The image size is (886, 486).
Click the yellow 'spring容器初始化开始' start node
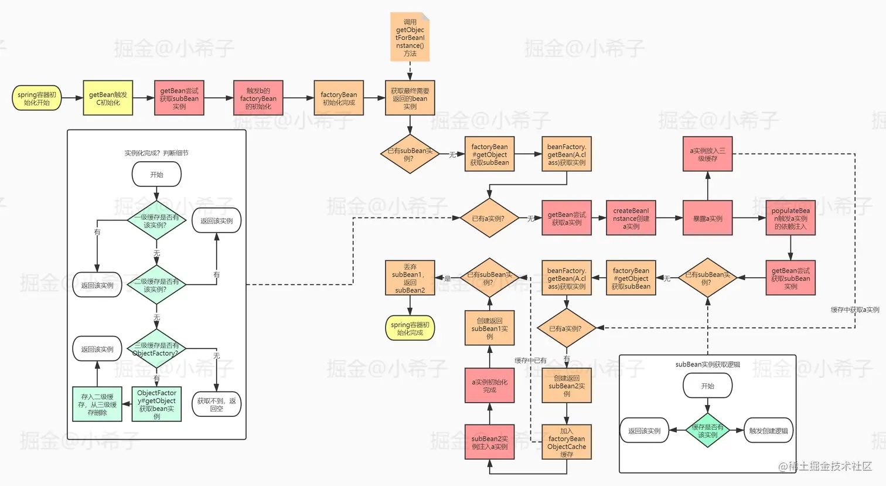click(x=36, y=98)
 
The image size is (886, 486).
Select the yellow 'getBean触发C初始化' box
click(x=108, y=98)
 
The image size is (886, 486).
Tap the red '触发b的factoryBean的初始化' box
click(x=258, y=98)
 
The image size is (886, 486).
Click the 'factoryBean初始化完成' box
click(x=339, y=98)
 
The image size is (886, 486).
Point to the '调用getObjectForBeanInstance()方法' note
click(x=410, y=38)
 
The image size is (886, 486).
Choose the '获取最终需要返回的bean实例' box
click(x=410, y=98)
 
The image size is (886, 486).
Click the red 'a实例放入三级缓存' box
click(x=707, y=154)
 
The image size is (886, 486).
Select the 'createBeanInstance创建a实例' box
click(x=631, y=218)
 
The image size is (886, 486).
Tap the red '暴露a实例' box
click(x=707, y=218)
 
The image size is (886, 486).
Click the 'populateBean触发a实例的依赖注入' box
click(x=790, y=218)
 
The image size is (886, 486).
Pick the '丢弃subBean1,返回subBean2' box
click(x=410, y=278)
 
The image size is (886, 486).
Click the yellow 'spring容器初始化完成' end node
click(x=410, y=328)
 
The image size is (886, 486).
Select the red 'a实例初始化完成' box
click(x=489, y=386)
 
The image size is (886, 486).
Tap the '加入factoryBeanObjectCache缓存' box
click(x=567, y=442)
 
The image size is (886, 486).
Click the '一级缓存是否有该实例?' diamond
click(x=156, y=220)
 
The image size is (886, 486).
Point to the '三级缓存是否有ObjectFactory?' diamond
click(x=156, y=349)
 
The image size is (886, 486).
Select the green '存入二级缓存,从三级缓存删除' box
click(x=97, y=404)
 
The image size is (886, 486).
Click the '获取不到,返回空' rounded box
click(x=216, y=404)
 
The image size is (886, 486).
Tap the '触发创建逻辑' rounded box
click(x=768, y=430)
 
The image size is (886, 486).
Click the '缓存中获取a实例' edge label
click(x=854, y=310)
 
